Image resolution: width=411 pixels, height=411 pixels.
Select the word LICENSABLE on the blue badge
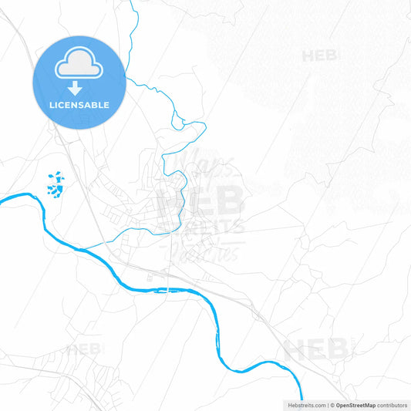point(79,105)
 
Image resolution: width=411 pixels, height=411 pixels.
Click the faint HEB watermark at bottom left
point(85,349)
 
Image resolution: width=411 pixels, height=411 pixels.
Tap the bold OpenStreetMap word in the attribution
point(355,404)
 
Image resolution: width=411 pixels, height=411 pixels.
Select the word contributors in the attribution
point(392,404)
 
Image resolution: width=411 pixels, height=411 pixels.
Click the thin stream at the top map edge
point(132,2)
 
